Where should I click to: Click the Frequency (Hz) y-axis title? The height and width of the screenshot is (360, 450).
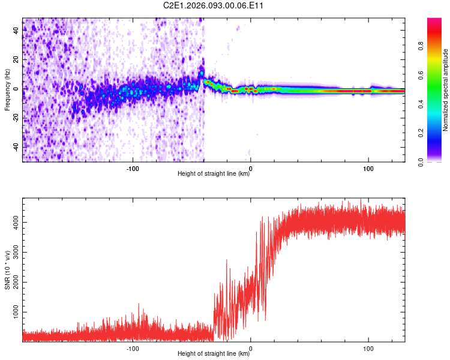(x=7, y=90)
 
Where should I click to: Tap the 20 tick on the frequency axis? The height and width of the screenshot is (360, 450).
(x=17, y=59)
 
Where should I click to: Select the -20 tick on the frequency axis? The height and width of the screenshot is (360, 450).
(x=17, y=118)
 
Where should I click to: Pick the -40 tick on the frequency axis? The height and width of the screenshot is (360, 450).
(x=17, y=146)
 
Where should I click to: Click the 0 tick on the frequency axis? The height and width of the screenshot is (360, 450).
(x=17, y=89)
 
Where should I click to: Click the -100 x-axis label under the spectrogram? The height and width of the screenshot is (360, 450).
(x=133, y=168)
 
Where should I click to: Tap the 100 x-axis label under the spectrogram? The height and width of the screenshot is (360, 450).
(x=368, y=168)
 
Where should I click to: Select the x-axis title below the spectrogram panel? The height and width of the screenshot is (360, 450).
(x=214, y=175)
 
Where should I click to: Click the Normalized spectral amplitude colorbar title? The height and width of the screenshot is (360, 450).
(x=446, y=90)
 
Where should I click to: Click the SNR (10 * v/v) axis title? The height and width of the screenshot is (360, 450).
(x=7, y=269)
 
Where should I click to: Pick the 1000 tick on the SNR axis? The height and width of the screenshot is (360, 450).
(x=17, y=313)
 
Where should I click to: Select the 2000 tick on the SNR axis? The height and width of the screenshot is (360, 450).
(x=17, y=283)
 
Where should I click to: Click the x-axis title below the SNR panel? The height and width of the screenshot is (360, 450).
(x=214, y=353)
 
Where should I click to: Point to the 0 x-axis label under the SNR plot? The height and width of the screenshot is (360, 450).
(x=251, y=347)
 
